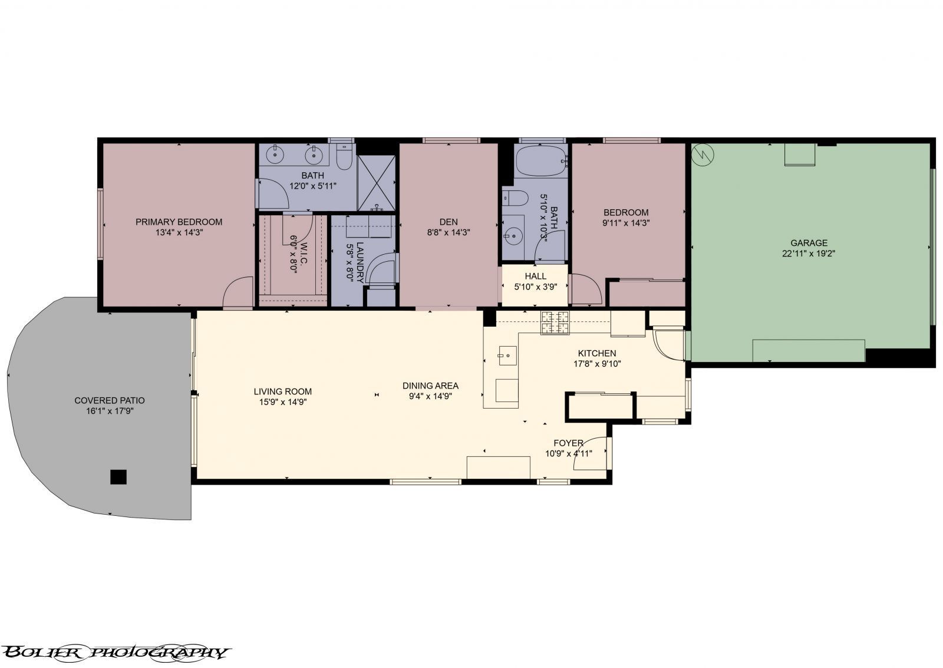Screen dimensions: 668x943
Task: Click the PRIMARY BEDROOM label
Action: (179, 222)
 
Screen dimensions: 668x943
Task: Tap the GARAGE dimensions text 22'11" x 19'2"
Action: (809, 254)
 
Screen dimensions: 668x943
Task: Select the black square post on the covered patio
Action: (118, 476)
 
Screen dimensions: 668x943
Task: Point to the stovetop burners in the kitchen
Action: (555, 322)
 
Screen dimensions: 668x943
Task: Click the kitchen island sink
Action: (507, 356)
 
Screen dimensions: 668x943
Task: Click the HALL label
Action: (535, 276)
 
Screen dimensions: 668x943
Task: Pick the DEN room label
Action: (448, 222)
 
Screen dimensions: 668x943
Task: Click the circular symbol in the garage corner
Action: (703, 155)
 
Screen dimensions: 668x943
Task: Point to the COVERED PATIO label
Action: (109, 400)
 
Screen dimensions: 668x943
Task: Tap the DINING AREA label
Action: (430, 386)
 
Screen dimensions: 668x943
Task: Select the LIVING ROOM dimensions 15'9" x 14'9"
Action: (282, 402)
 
